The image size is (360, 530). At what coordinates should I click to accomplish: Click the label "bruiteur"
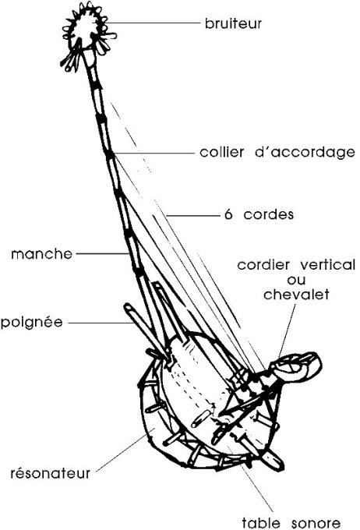pyautogui.click(x=233, y=23)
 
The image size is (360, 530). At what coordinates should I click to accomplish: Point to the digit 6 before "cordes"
pyautogui.click(x=228, y=214)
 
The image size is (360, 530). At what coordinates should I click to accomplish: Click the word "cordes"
pyautogui.click(x=269, y=214)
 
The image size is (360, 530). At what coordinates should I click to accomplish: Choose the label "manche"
pyautogui.click(x=42, y=254)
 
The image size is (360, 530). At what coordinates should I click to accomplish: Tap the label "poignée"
pyautogui.click(x=32, y=322)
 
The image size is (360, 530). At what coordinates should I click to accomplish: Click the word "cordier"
pyautogui.click(x=263, y=265)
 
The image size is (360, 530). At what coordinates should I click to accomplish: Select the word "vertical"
pyautogui.click(x=327, y=265)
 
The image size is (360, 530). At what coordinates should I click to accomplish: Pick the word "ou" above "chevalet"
pyautogui.click(x=296, y=281)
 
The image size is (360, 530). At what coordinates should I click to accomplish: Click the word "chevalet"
pyautogui.click(x=296, y=295)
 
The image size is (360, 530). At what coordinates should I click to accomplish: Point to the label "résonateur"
pyautogui.click(x=51, y=473)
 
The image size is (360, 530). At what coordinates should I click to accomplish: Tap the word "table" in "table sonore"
pyautogui.click(x=261, y=522)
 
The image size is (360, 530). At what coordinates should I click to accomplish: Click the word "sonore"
pyautogui.click(x=316, y=523)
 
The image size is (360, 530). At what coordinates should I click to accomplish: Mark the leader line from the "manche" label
pyautogui.click(x=102, y=253)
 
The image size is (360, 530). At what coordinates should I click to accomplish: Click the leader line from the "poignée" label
pyautogui.click(x=101, y=323)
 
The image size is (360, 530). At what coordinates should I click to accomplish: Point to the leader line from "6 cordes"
pyautogui.click(x=193, y=215)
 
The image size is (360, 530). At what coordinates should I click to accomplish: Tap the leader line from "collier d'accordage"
pyautogui.click(x=154, y=153)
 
